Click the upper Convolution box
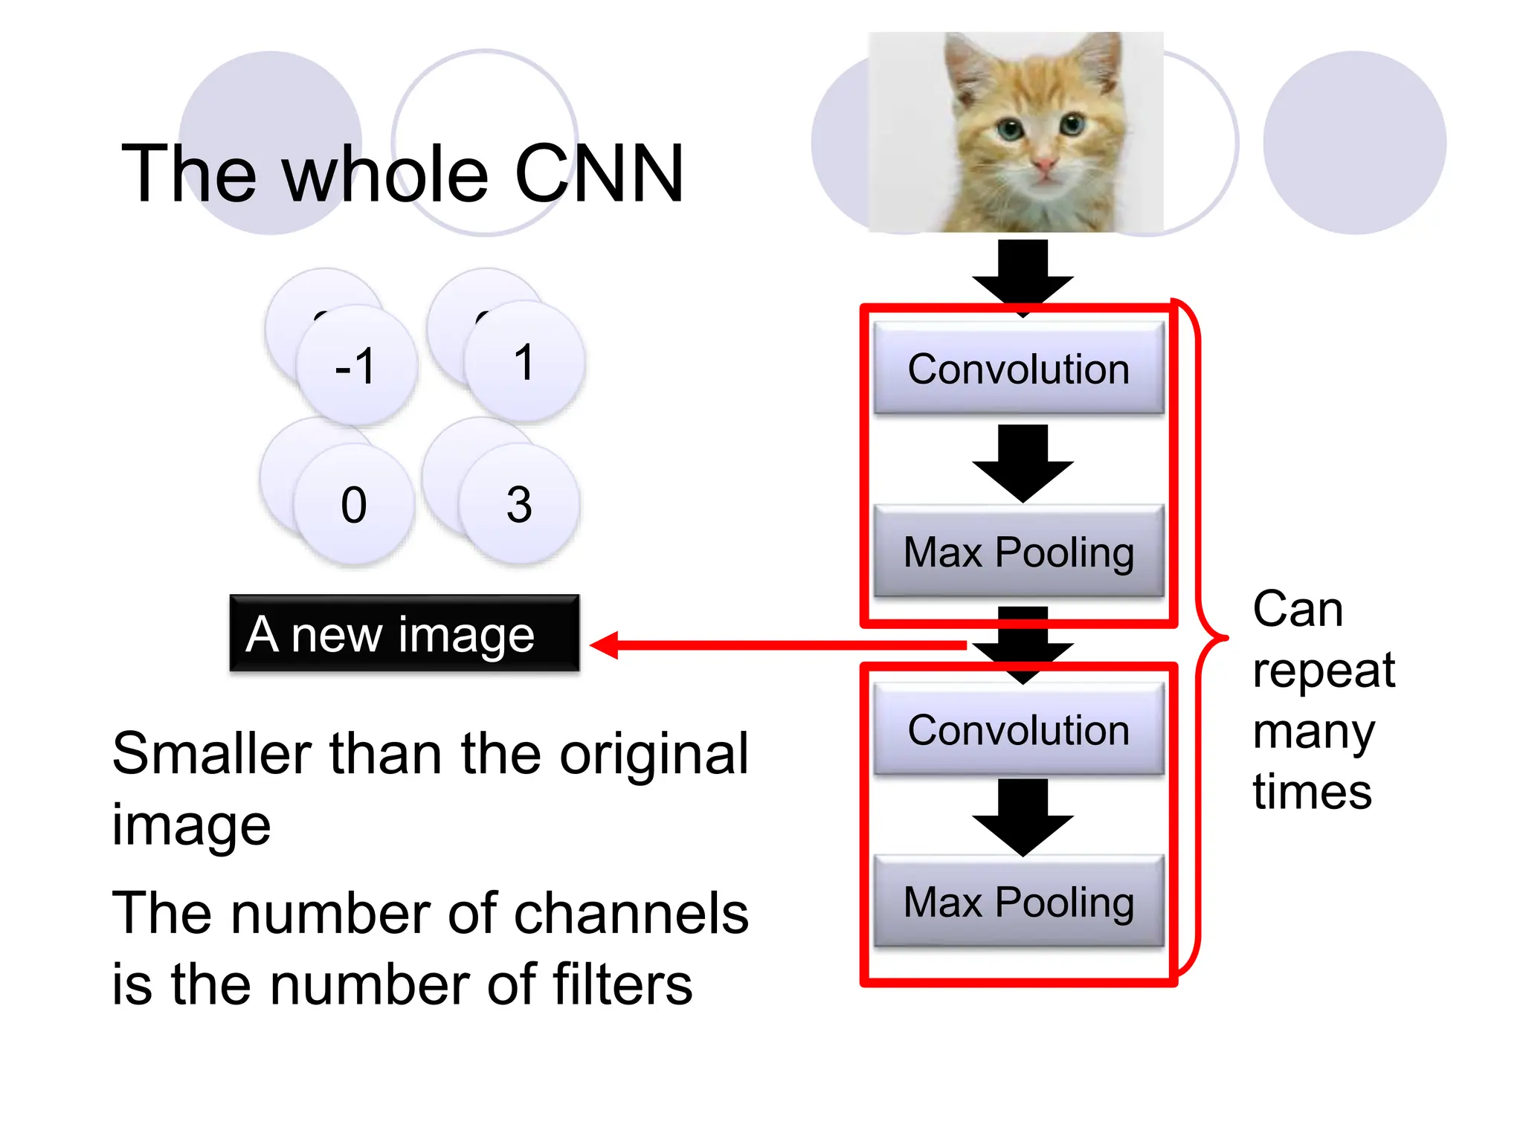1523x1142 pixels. (x=1018, y=368)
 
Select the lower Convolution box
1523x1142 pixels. (x=1018, y=729)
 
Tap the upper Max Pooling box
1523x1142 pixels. (x=1018, y=552)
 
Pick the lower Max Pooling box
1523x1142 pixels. (x=1018, y=901)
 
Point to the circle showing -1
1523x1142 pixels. (x=356, y=365)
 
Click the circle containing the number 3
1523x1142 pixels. (x=519, y=504)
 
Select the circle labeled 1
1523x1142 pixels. (x=524, y=362)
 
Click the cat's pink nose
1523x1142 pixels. (x=1044, y=164)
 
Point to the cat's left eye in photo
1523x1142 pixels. (x=1009, y=131)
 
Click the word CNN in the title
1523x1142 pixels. (x=599, y=174)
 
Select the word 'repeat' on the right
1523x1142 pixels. (x=1324, y=671)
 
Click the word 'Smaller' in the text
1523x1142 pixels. (x=210, y=754)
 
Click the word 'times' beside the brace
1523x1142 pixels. (x=1312, y=791)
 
